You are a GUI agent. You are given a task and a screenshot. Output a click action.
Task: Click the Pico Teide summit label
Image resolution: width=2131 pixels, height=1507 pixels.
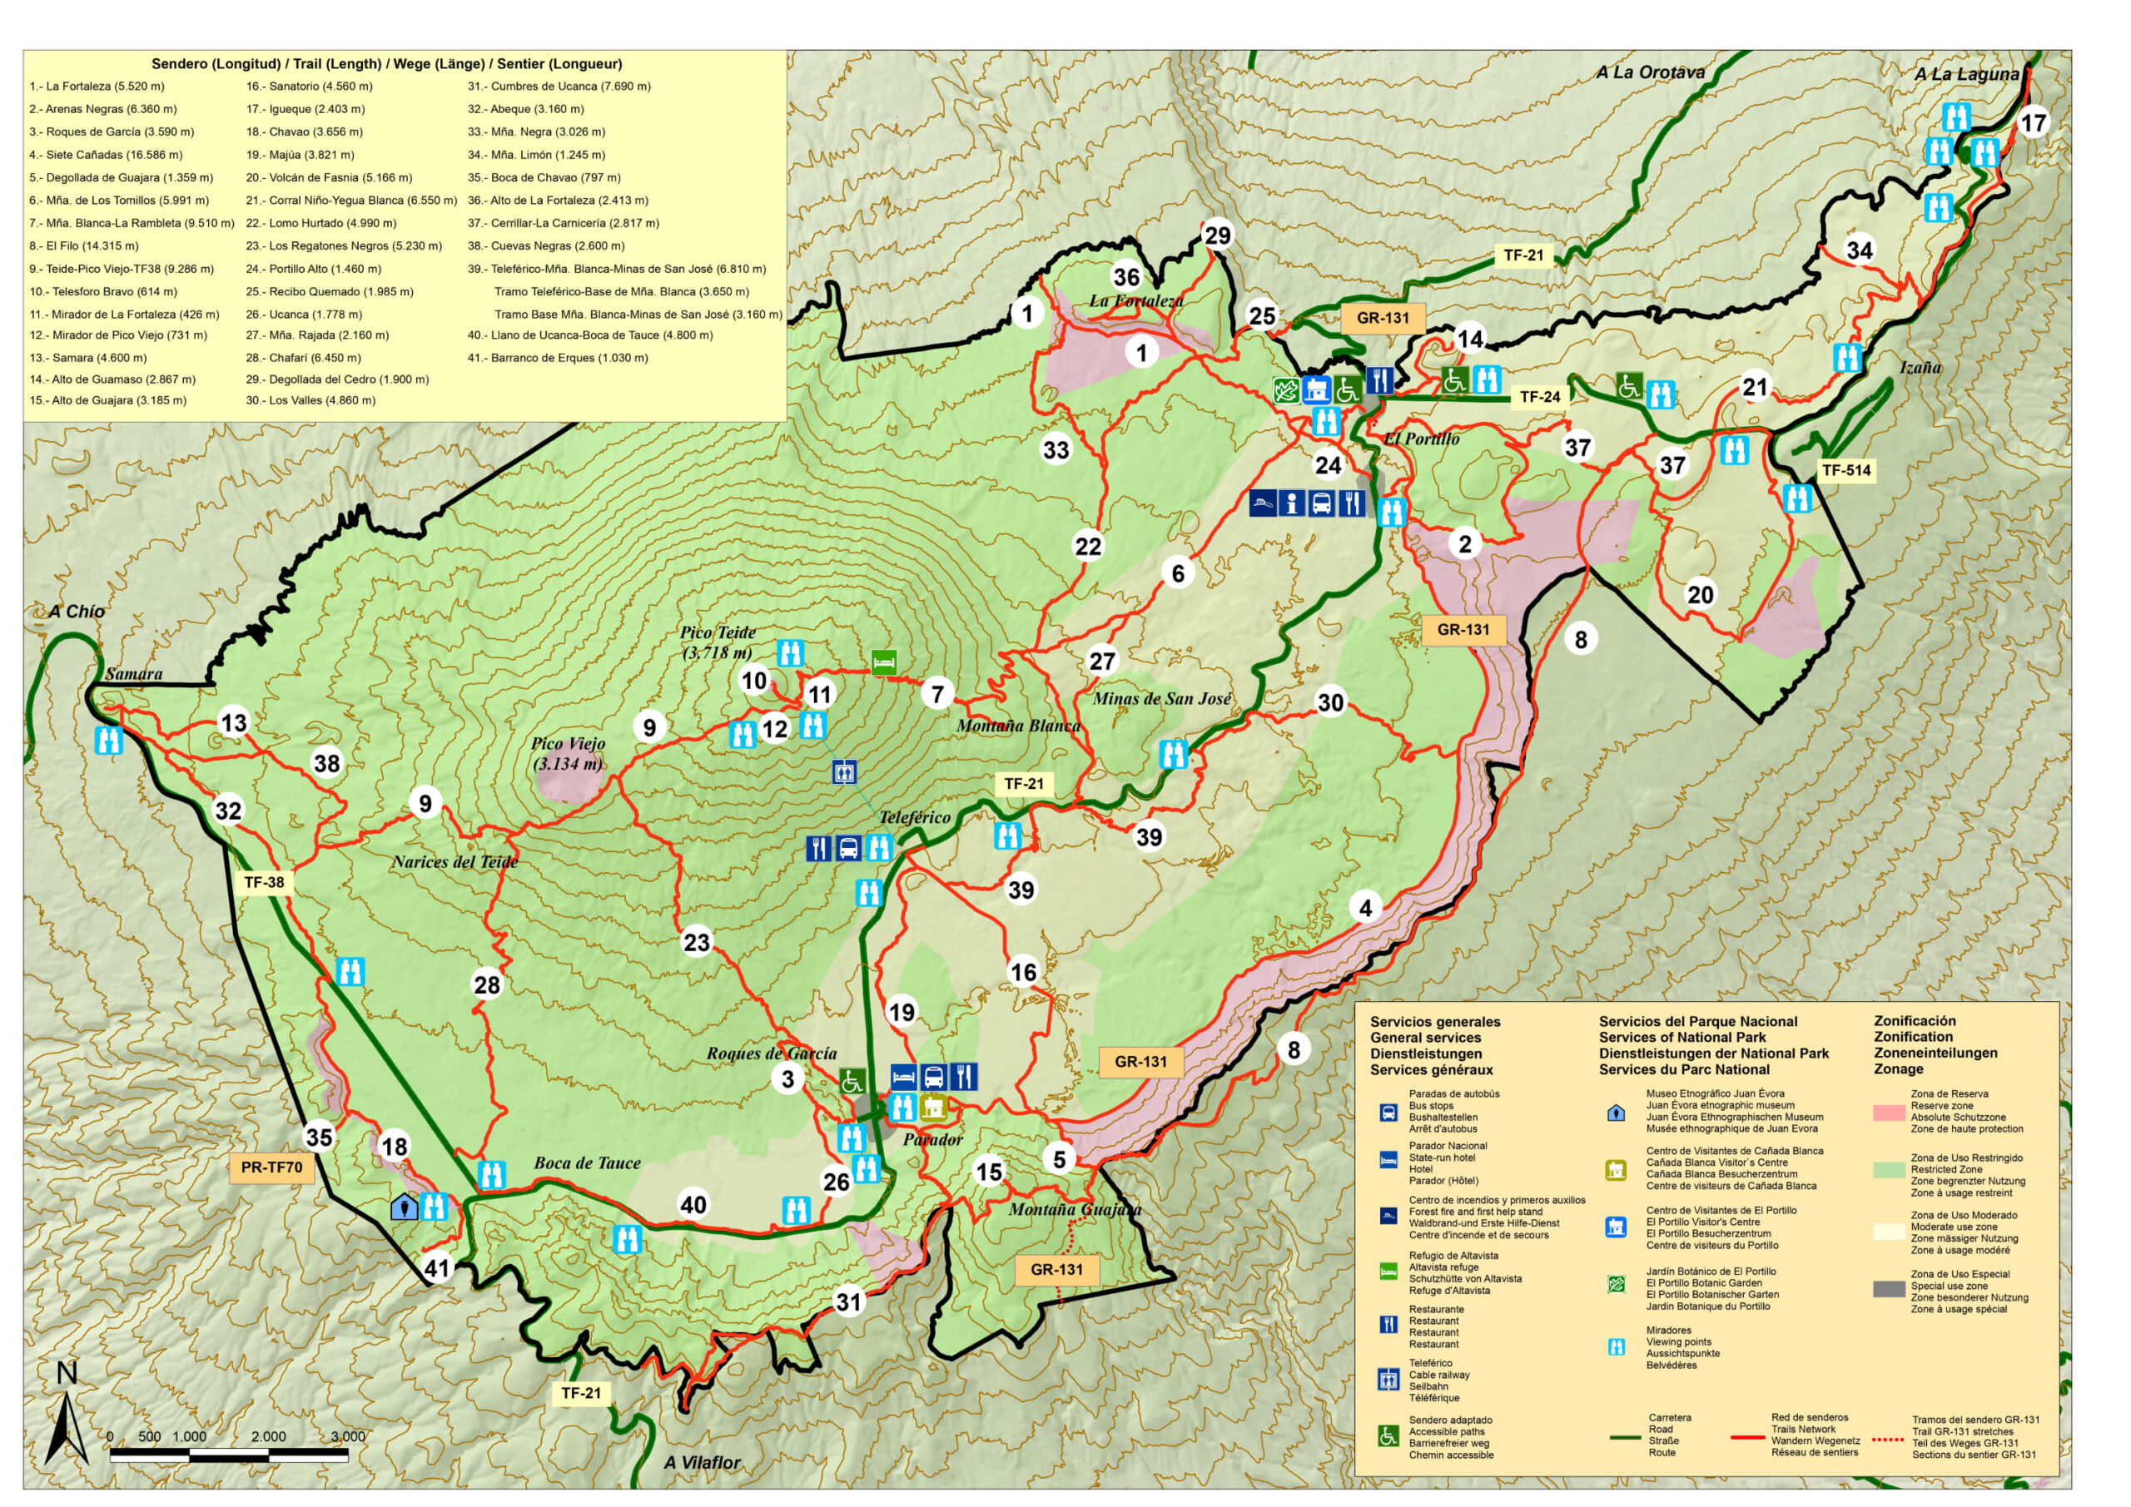point(718,642)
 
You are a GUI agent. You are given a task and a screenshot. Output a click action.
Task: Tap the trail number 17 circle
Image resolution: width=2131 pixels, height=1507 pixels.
point(2033,122)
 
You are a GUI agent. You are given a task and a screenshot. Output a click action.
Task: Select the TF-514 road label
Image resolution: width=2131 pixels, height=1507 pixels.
point(1845,470)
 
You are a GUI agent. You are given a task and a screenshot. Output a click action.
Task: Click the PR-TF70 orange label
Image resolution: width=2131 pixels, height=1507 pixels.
point(271,1167)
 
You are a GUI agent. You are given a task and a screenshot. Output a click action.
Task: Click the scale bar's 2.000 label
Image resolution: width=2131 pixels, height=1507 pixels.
point(268,1436)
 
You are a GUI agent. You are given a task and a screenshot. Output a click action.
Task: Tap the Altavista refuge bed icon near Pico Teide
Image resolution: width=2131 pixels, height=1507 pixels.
point(883,662)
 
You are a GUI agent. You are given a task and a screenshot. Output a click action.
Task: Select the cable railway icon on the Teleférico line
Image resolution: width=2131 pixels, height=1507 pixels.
point(844,772)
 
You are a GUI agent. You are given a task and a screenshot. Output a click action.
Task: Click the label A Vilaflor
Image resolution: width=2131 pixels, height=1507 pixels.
point(702,1462)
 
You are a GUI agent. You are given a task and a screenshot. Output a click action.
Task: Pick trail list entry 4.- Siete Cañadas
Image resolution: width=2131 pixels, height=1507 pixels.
point(106,155)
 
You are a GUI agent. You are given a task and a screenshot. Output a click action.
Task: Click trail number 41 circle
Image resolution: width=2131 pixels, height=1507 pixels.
point(437,1267)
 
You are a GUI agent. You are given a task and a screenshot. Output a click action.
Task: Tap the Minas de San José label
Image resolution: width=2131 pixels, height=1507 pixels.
point(1162,699)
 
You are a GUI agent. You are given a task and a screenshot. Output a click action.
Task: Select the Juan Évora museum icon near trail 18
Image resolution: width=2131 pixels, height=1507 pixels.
point(404,1207)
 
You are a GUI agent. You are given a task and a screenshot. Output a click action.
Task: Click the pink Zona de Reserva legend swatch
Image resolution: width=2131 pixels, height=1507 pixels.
point(1888,1113)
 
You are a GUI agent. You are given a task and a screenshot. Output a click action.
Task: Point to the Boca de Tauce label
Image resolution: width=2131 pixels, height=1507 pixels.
point(587,1162)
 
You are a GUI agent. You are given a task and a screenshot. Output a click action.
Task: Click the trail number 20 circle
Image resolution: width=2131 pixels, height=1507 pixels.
point(1700,595)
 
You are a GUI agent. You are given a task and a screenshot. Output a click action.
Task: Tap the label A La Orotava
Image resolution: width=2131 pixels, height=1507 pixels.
point(1649,72)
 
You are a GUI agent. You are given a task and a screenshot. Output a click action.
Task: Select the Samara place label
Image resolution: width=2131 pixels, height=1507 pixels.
point(134,674)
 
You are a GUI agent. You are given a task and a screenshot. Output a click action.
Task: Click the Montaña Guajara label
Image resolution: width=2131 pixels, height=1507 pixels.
point(1075,1210)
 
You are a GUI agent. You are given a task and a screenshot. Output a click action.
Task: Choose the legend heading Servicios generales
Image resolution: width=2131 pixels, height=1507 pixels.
point(1435,1022)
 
